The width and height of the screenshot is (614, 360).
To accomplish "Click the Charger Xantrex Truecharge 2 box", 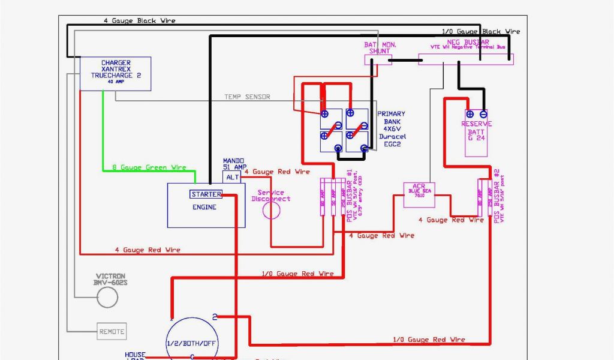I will pos(115,73).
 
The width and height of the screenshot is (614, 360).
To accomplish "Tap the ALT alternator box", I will pos(231,177).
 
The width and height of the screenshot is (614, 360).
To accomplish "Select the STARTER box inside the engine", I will pos(206,194).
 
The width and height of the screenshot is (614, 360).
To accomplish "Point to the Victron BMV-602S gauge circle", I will pos(107,296).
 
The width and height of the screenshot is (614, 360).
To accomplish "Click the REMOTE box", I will pos(112,331).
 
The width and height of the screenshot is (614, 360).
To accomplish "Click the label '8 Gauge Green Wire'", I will pos(149,167).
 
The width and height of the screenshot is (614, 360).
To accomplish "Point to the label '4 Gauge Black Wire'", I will pos(139,21).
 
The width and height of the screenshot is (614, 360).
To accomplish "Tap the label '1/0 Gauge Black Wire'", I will pos(481,31).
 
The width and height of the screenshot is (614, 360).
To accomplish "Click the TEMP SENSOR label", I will pos(247,97).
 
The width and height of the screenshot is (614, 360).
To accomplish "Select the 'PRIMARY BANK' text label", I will pos(391,117).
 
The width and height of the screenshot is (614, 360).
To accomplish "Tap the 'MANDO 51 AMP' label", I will pos(232,164).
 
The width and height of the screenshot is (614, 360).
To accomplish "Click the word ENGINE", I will pos(204,208).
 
